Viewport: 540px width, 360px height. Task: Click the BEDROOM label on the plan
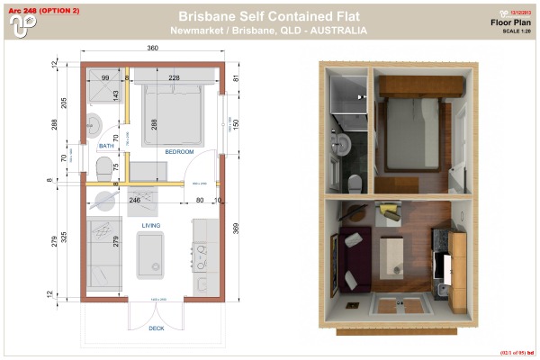point(179,152)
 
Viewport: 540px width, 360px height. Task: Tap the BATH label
point(106,146)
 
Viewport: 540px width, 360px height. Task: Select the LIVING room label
point(151,226)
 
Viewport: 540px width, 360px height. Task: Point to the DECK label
point(155,328)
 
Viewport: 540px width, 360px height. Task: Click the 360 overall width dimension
point(152,48)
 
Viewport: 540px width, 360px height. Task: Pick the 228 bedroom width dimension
point(173,78)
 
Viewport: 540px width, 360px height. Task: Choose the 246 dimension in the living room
point(135,200)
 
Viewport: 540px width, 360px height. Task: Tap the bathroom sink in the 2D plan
point(94,123)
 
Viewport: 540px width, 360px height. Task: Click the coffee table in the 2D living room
point(152,255)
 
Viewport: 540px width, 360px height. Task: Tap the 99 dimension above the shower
point(104,78)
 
